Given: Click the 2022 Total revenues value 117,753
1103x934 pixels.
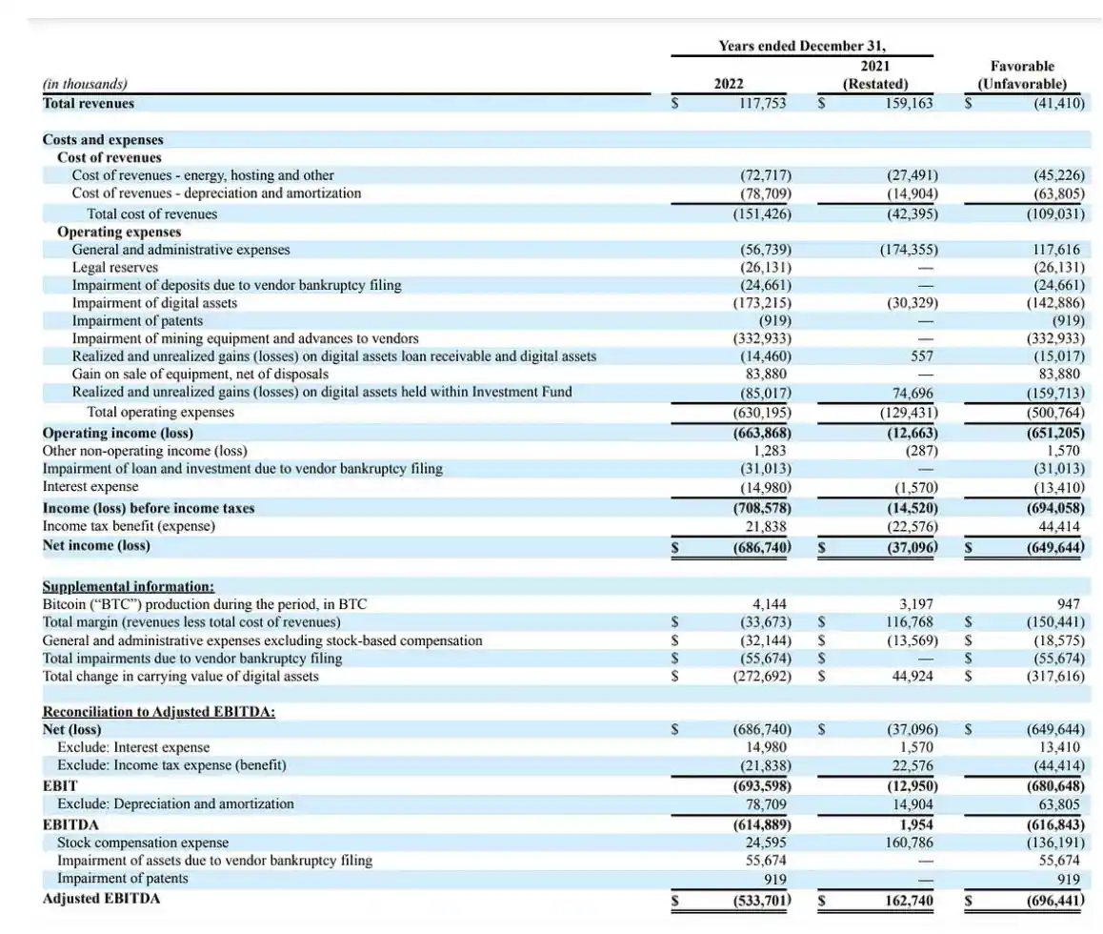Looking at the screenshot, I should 763,103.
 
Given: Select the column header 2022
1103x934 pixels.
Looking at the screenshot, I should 729,84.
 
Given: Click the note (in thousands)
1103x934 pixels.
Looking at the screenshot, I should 85,84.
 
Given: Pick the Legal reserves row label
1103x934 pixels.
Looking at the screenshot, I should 115,268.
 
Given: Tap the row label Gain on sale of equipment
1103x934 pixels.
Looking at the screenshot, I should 200,374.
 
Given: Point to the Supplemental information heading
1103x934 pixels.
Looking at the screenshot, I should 129,587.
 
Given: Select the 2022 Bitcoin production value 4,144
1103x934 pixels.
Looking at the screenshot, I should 772,604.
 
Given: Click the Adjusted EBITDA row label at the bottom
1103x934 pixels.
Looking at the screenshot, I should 101,899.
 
